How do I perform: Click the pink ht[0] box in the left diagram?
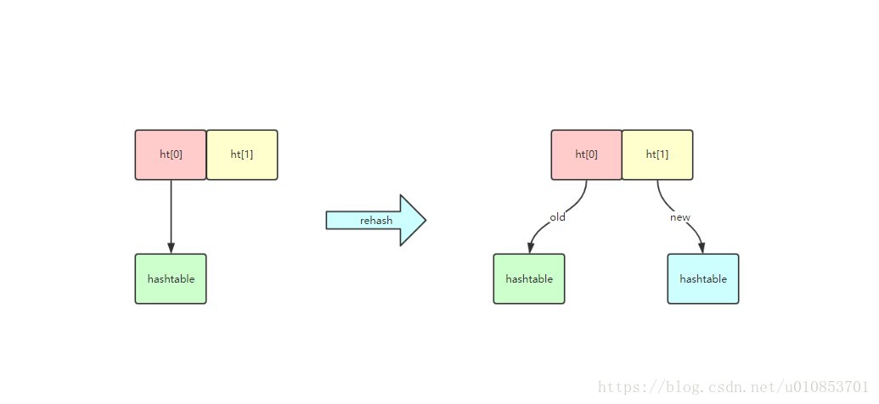pos(171,155)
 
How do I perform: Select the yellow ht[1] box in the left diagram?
pos(242,155)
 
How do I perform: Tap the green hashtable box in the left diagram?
pos(171,279)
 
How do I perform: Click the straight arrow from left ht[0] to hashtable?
pos(171,216)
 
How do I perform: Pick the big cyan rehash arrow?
pos(376,220)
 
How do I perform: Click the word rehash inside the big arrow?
pos(376,221)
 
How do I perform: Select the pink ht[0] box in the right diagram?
pos(586,155)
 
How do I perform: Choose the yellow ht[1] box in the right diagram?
pos(657,155)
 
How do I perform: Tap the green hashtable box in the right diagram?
pos(529,279)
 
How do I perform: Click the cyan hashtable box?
pos(703,279)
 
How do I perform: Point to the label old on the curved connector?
pos(557,217)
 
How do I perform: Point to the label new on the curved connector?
pos(680,217)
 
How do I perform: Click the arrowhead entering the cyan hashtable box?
pos(701,249)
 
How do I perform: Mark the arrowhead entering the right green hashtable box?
pos(530,249)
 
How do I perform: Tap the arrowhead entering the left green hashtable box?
pos(171,248)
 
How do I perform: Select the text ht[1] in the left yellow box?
pos(242,155)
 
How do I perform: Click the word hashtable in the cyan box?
pos(703,279)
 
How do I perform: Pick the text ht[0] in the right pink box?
pos(586,155)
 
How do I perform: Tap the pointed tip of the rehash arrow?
pos(426,220)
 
